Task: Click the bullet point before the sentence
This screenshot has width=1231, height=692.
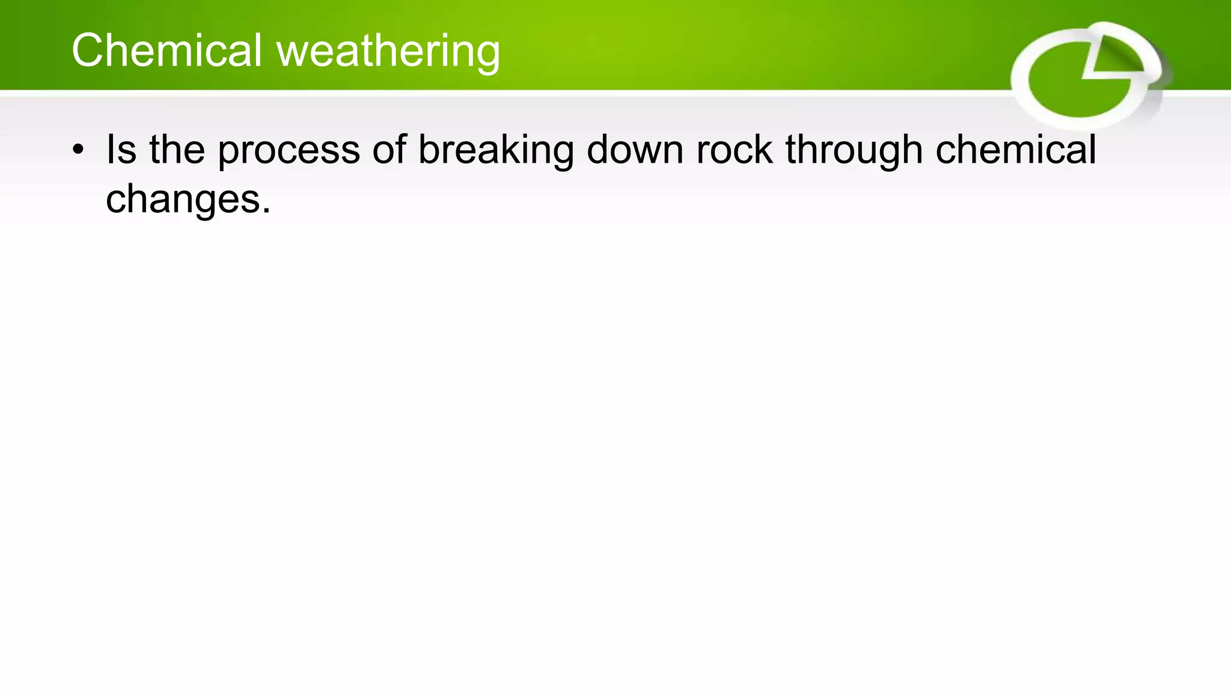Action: click(x=78, y=150)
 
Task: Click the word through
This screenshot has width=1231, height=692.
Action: click(x=854, y=150)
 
